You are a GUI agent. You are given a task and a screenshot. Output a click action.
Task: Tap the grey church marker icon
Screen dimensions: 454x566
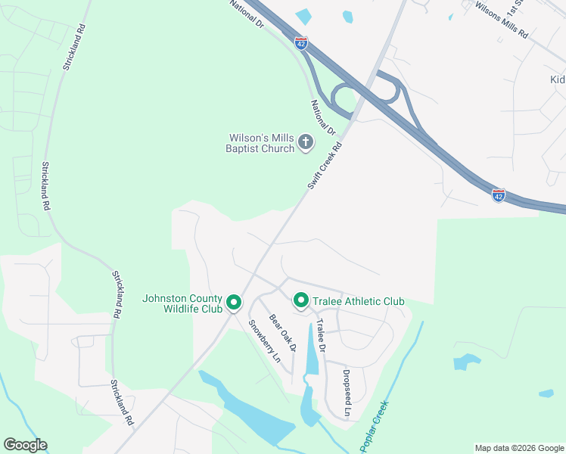[x=306, y=141]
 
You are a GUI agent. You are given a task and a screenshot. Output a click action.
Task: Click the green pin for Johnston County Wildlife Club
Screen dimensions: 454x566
[x=234, y=303]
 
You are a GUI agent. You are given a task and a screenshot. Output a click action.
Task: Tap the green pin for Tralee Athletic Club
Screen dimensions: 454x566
[x=300, y=301]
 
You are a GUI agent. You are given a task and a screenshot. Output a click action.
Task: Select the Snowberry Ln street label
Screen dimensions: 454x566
[x=261, y=340]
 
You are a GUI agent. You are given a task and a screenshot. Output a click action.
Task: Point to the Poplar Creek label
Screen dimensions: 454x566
[x=374, y=427]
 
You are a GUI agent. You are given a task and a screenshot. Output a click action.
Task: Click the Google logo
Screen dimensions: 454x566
[x=25, y=445]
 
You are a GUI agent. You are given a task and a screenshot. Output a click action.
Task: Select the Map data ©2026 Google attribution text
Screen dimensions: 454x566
[x=518, y=448]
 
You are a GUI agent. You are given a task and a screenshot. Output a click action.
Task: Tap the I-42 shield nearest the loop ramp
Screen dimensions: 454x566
[x=301, y=44]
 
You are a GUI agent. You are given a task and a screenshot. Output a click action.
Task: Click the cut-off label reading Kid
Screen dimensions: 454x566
[x=557, y=79]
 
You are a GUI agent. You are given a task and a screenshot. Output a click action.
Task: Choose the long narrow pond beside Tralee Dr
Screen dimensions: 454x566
[x=312, y=349]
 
